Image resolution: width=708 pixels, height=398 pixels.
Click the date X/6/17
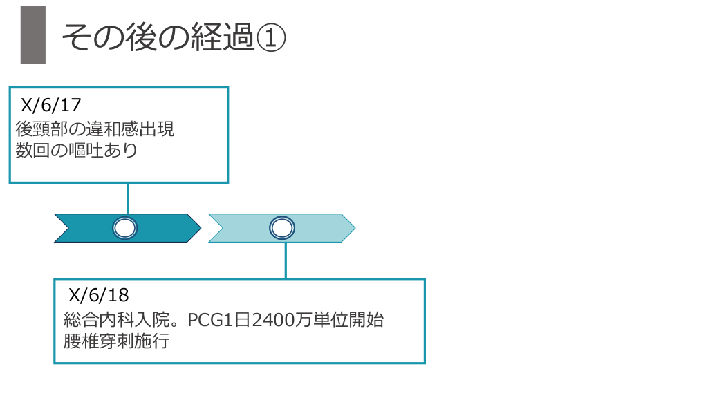click(52, 106)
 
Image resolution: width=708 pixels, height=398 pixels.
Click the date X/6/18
click(99, 296)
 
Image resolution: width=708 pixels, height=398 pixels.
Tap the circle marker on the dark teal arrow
click(125, 228)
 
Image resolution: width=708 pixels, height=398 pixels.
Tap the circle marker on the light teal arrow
click(282, 228)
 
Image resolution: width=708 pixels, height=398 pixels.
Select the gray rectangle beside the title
click(33, 35)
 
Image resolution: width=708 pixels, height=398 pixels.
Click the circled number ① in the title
click(270, 37)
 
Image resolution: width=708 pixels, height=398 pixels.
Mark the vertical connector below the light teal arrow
click(286, 260)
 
